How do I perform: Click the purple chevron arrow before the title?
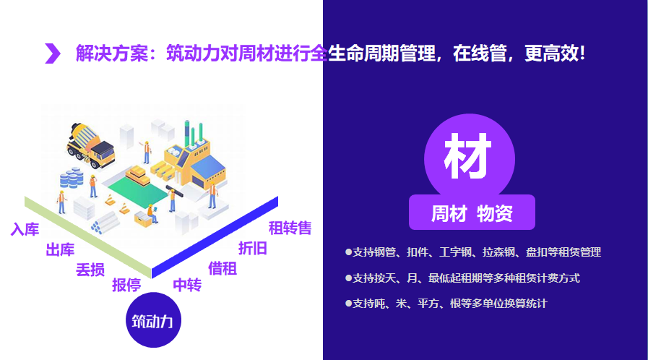click(x=53, y=53)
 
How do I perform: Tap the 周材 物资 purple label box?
click(x=472, y=213)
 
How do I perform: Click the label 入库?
click(x=25, y=230)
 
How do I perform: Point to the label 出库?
click(x=60, y=250)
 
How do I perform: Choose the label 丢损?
click(x=90, y=270)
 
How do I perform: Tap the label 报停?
click(x=126, y=285)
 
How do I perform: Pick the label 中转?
click(x=187, y=285)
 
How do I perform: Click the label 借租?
click(x=223, y=268)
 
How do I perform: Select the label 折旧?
click(x=253, y=249)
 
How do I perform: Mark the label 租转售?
click(x=290, y=228)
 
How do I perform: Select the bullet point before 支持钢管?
click(x=349, y=252)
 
